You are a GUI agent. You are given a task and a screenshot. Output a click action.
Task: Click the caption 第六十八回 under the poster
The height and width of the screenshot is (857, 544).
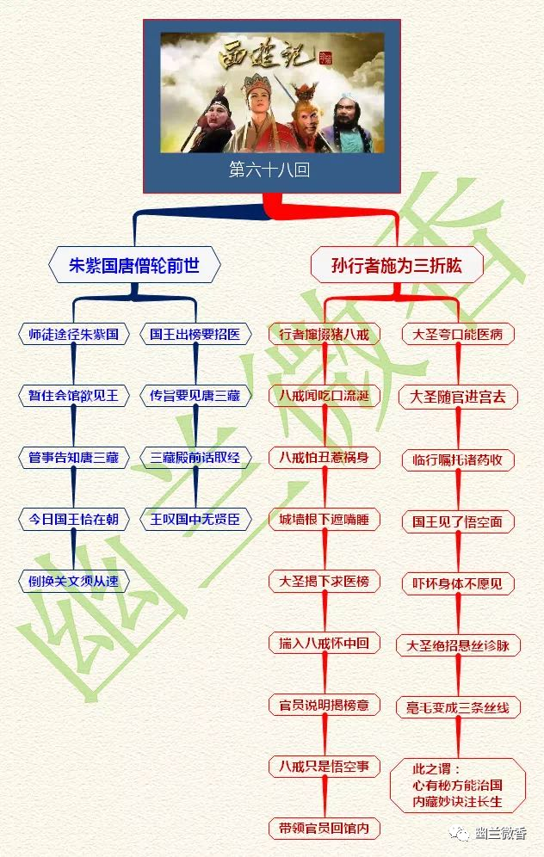point(269,170)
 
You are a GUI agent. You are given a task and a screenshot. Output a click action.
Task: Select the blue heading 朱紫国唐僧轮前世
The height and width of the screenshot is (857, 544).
point(134,266)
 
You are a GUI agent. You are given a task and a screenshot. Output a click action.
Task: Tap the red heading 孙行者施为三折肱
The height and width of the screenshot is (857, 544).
point(396,266)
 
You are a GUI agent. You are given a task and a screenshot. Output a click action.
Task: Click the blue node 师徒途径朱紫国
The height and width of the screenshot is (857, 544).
point(73,334)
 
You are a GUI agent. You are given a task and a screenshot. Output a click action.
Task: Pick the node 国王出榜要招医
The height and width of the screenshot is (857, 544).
point(195,334)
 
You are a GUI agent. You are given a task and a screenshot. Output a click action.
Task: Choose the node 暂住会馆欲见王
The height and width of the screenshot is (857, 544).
point(73,396)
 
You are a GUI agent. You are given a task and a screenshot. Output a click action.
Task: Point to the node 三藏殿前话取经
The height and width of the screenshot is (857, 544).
point(195,458)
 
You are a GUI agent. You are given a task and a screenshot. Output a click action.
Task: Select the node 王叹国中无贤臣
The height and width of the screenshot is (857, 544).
point(195,520)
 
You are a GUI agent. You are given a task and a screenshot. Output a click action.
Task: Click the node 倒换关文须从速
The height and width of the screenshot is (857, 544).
point(73,582)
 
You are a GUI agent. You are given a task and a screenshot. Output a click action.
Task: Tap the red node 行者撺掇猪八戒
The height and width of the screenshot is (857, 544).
point(324,334)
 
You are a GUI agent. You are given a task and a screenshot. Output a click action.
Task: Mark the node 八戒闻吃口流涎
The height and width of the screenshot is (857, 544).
point(324,396)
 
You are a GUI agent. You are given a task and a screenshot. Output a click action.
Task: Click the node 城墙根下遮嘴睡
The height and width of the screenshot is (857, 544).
point(324,520)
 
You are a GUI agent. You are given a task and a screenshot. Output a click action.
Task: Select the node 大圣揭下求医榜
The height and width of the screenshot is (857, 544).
point(324,582)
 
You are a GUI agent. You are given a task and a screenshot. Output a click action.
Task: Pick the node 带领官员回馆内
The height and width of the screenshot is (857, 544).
point(324,829)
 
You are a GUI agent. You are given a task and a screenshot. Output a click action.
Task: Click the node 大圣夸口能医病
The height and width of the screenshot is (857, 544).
point(458,334)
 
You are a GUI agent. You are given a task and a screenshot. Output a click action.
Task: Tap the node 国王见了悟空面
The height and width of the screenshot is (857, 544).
point(458,521)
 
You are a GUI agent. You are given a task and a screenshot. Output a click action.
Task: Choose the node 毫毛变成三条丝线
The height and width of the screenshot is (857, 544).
point(458,708)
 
